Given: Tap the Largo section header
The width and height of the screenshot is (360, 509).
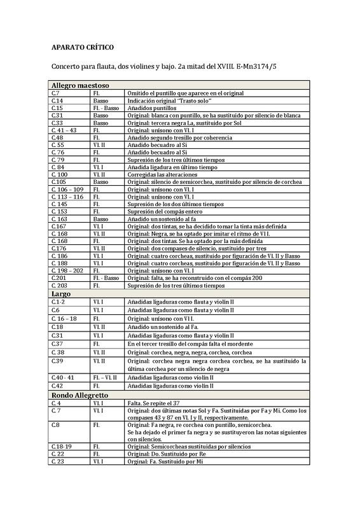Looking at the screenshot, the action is pos(60,294).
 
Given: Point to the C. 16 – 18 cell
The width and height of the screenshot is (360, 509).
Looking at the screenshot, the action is pos(64,318).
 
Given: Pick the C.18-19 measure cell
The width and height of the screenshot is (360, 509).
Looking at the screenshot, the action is pos(62,447).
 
